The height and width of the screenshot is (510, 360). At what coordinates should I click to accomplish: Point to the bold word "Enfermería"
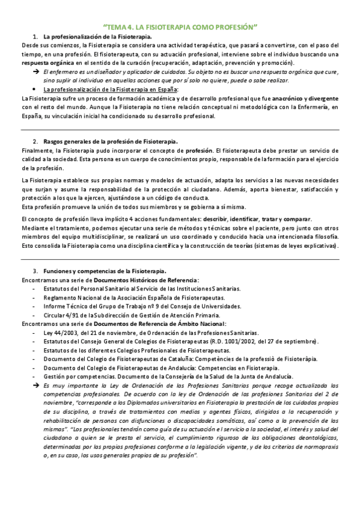point(313,106)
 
